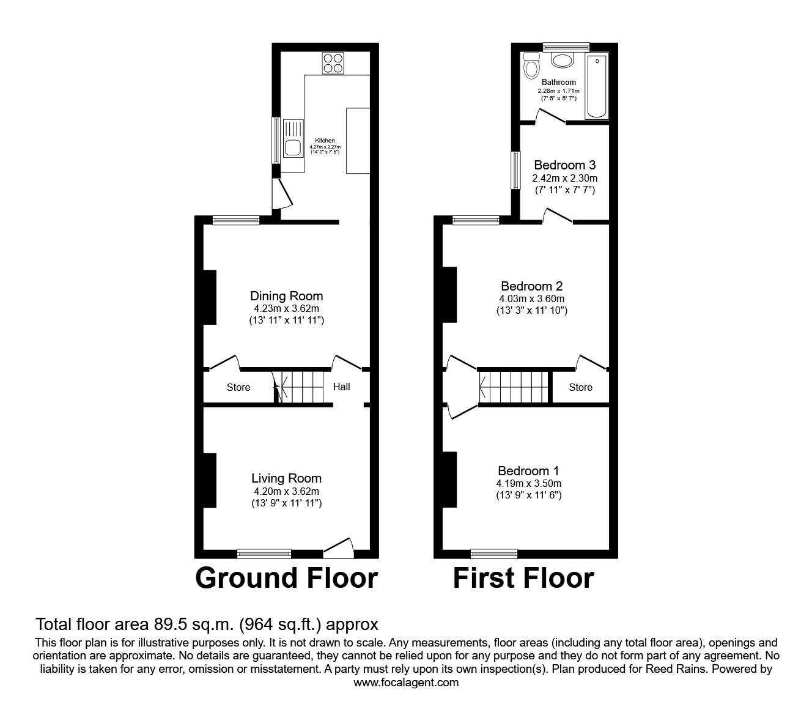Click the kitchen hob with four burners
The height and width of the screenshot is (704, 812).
pos(334,63)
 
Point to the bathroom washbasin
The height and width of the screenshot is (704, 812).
pos(562,60)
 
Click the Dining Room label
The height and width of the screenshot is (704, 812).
pos(286,296)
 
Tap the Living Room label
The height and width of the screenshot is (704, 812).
pos(286,478)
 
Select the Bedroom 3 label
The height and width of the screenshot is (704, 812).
pos(564,165)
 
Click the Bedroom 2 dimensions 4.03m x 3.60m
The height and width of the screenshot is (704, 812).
pos(531,298)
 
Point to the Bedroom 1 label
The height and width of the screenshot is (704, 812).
pos(528,471)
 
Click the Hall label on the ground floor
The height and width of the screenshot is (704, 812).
pos(341,387)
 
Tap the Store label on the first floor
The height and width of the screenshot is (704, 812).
pos(580,387)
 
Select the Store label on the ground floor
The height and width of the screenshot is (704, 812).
pos(238,387)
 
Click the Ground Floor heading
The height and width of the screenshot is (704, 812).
pos(286,578)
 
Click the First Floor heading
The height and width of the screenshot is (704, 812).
pos(523,578)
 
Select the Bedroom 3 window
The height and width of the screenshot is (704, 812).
pos(515,172)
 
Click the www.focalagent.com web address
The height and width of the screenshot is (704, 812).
pos(406,683)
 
